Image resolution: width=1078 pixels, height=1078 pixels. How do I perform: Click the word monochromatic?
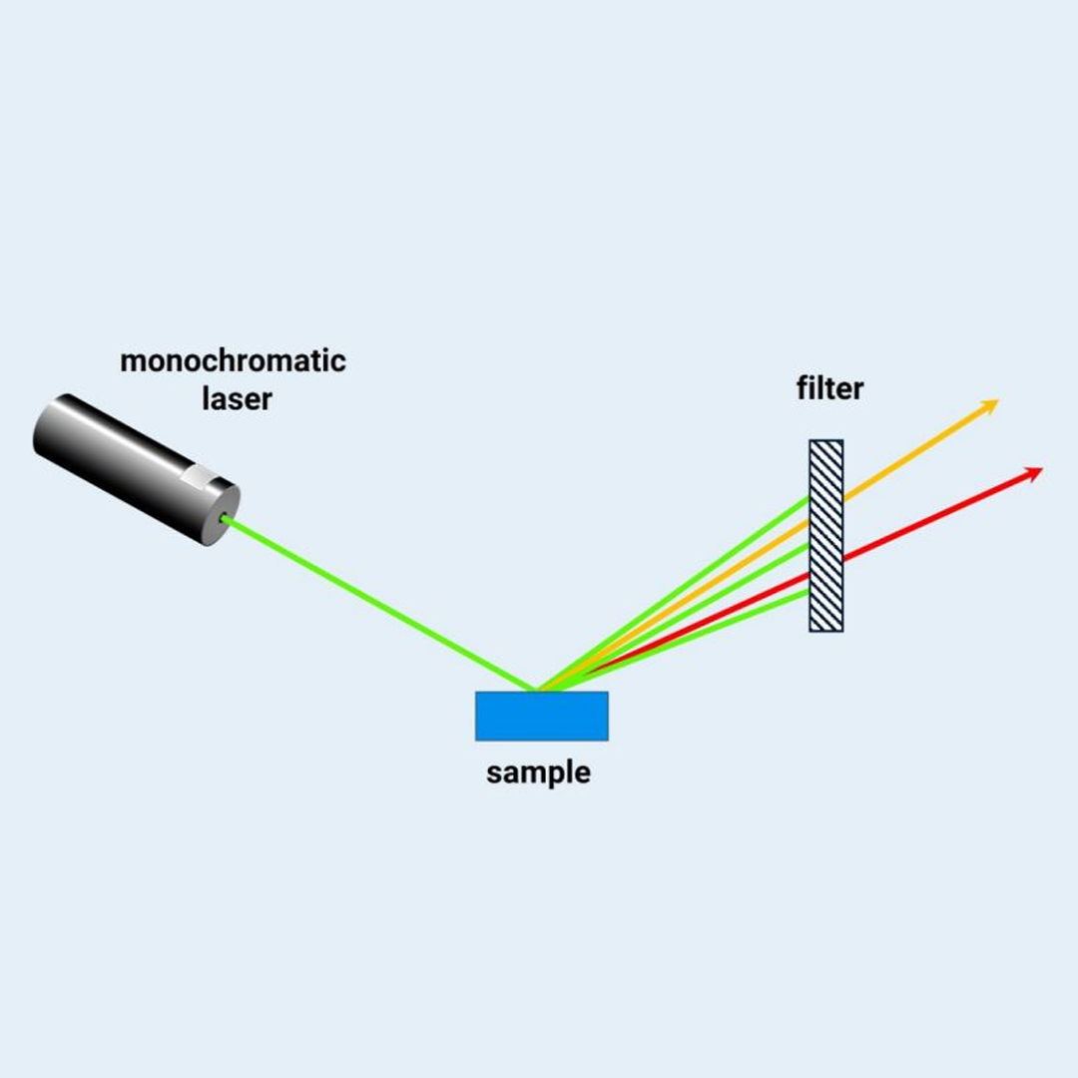(233, 360)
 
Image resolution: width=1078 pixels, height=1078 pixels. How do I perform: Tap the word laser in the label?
(237, 399)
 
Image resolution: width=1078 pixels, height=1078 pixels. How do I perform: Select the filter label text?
(829, 387)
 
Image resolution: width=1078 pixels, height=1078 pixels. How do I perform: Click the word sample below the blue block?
(538, 772)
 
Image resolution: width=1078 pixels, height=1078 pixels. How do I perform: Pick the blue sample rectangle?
(541, 716)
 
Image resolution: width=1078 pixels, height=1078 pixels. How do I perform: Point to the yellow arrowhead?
(989, 405)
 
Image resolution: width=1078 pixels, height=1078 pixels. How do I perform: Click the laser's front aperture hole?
(225, 519)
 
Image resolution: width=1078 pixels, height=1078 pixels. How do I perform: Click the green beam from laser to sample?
(379, 605)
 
